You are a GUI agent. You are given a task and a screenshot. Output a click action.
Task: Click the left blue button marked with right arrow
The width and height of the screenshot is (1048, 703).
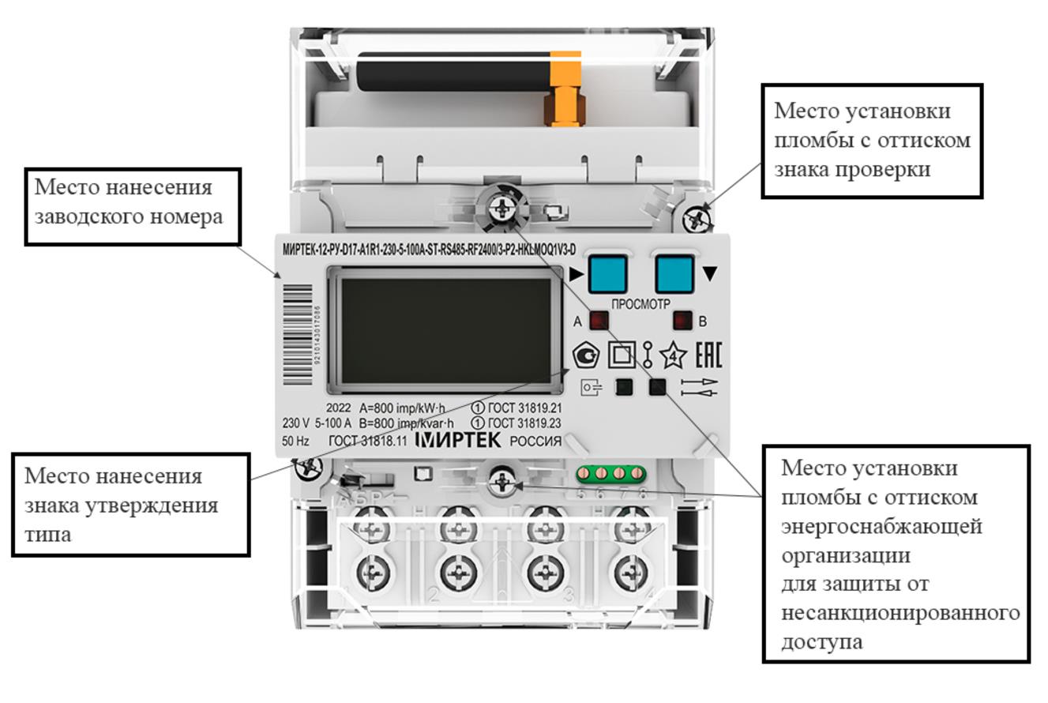click(607, 273)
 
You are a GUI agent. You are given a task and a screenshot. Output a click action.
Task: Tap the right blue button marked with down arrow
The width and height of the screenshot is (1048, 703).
click(674, 273)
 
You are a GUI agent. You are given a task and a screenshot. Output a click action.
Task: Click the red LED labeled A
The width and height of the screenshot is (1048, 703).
click(600, 321)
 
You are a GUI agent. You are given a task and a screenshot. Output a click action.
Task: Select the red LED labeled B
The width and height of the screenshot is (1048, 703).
click(682, 321)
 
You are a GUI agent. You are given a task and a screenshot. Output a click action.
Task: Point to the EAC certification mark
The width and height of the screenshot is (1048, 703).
click(708, 355)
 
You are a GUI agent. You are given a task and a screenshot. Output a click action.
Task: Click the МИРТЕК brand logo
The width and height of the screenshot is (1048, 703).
click(458, 440)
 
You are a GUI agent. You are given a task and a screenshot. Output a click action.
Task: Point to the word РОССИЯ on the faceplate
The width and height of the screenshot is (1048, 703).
click(535, 442)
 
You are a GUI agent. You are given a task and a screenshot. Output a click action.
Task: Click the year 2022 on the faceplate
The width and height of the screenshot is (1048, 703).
click(338, 408)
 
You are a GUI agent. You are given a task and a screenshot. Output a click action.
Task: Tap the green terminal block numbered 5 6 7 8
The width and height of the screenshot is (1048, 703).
click(611, 474)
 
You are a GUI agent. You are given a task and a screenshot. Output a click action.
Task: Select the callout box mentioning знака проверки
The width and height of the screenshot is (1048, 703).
click(872, 140)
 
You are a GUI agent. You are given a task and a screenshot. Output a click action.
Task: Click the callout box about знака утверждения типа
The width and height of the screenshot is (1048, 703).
click(130, 505)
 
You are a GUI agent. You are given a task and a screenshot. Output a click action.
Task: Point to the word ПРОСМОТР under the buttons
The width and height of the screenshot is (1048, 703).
click(640, 303)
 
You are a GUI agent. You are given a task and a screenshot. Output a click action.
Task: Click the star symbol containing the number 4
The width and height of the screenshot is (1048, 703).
click(673, 355)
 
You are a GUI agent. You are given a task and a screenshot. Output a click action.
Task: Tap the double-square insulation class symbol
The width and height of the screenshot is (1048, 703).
click(622, 355)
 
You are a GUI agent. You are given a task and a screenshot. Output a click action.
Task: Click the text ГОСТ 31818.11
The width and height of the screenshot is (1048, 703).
click(368, 442)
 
